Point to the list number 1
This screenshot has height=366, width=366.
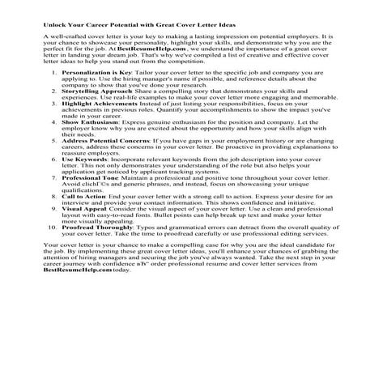coord(53,95)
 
